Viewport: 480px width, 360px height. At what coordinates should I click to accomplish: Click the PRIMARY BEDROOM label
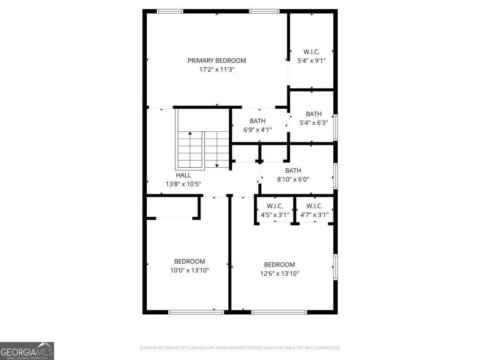[217, 61]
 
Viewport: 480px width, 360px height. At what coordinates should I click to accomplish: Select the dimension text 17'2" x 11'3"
[217, 70]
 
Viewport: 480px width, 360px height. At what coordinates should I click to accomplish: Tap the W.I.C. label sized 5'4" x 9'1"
[312, 52]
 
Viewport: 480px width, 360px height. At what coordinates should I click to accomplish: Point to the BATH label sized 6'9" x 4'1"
[258, 121]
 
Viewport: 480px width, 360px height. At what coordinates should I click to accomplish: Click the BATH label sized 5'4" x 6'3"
[314, 114]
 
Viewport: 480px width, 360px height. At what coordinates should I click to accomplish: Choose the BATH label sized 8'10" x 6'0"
[293, 171]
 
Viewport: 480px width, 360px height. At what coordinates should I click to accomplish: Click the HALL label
[183, 175]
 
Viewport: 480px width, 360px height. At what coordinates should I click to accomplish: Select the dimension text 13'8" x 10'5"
[183, 184]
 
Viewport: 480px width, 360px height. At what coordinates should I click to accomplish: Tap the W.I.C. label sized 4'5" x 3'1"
[275, 206]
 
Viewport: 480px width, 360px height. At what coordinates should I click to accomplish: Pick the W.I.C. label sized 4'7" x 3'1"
[314, 206]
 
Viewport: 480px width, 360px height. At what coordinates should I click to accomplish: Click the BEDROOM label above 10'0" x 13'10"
[190, 262]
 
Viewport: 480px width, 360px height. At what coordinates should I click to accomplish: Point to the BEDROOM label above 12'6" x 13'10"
[280, 265]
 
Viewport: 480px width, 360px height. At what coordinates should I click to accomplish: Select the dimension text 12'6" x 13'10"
[280, 274]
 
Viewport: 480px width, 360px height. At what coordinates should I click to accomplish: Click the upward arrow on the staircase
[190, 134]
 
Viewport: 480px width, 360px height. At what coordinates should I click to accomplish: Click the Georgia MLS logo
[27, 351]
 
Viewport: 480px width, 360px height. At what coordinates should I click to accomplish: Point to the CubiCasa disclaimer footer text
[240, 348]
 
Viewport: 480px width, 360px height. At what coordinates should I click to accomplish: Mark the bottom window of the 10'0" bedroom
[196, 312]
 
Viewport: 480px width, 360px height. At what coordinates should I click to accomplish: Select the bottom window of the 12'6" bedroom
[279, 312]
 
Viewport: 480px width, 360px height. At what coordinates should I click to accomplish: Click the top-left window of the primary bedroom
[170, 11]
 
